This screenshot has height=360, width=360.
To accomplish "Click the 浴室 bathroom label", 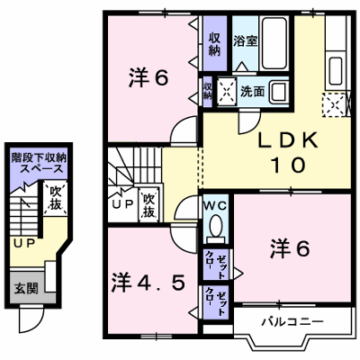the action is pos(246,41).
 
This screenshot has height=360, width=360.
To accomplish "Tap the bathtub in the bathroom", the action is pos(274,43).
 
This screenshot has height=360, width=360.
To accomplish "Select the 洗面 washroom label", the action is pos(252,92).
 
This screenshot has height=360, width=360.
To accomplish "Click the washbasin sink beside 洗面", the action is pos(279,92).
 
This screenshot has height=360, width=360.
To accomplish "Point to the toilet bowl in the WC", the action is pos(215,226).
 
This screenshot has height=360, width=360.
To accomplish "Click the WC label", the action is pos(215,205).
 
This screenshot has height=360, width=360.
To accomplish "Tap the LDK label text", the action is pos(288,140).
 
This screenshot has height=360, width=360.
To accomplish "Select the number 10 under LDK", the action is pos(288,165).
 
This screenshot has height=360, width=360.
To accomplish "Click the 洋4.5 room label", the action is pos(148,283).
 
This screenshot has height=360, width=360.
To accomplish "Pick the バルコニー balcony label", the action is pos(292,322).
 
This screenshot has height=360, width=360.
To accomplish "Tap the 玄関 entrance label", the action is pos(26,288).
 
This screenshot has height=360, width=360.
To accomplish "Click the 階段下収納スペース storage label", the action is pos(38,163).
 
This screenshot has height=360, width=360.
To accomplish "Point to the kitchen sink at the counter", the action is pos(336,70).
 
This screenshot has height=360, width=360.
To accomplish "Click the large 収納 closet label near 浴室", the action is pos(215,44).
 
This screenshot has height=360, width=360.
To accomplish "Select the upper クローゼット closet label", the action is pos(215,265).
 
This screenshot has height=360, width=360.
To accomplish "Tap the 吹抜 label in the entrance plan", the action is pos(56,197).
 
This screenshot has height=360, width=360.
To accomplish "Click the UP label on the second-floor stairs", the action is pos(122,204).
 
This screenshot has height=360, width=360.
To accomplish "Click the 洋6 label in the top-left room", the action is pos(148,76).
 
